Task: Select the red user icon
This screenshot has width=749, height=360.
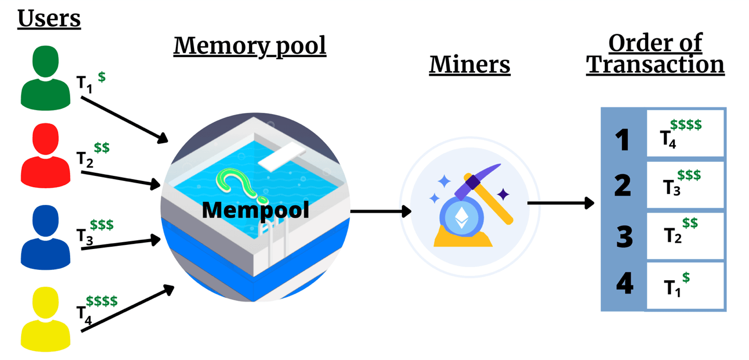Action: point(45,156)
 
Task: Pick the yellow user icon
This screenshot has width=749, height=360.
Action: point(45,319)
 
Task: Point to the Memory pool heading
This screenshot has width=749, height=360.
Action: point(249,45)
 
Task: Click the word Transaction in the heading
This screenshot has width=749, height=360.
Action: point(655,65)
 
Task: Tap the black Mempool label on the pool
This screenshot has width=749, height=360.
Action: point(255,210)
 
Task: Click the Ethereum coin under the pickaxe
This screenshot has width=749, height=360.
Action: point(461,219)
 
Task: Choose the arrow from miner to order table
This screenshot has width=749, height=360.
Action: point(560,203)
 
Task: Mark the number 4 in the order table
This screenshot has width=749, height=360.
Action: point(624,284)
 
